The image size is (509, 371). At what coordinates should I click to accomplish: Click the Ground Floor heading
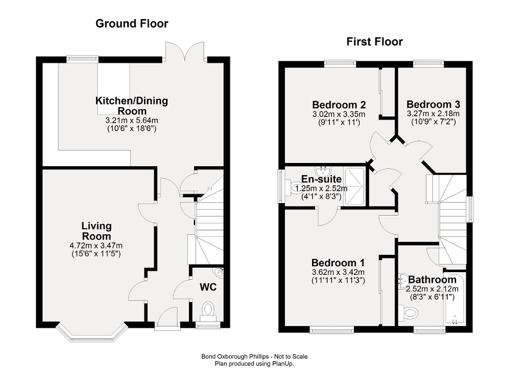[x=132, y=23]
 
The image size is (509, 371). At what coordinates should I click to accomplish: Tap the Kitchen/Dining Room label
[x=132, y=105]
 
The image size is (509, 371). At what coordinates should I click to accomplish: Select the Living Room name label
[x=97, y=231]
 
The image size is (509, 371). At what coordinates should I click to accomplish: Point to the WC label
[x=207, y=286]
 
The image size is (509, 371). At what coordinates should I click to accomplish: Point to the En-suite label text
[x=321, y=179]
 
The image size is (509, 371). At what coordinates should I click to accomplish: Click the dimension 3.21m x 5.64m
[x=132, y=121]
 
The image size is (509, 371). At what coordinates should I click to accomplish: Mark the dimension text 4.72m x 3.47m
[x=97, y=246]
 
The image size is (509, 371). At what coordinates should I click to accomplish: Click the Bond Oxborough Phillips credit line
[x=254, y=356]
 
